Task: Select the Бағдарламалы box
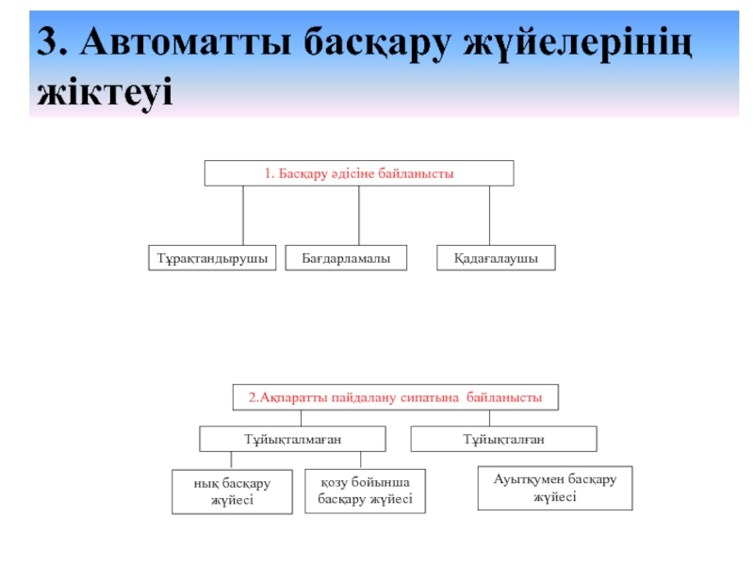tap(346, 258)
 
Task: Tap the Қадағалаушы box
tap(496, 258)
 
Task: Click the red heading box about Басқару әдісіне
tap(359, 173)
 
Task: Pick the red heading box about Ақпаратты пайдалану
tap(395, 397)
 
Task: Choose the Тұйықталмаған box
tap(292, 439)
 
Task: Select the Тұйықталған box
tap(503, 439)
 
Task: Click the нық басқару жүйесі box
tap(231, 492)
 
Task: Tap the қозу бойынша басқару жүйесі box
tap(365, 491)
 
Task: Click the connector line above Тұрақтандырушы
tap(243, 216)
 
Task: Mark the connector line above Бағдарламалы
tap(358, 216)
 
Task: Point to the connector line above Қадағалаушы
tap(489, 216)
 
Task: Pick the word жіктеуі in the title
tap(105, 91)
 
